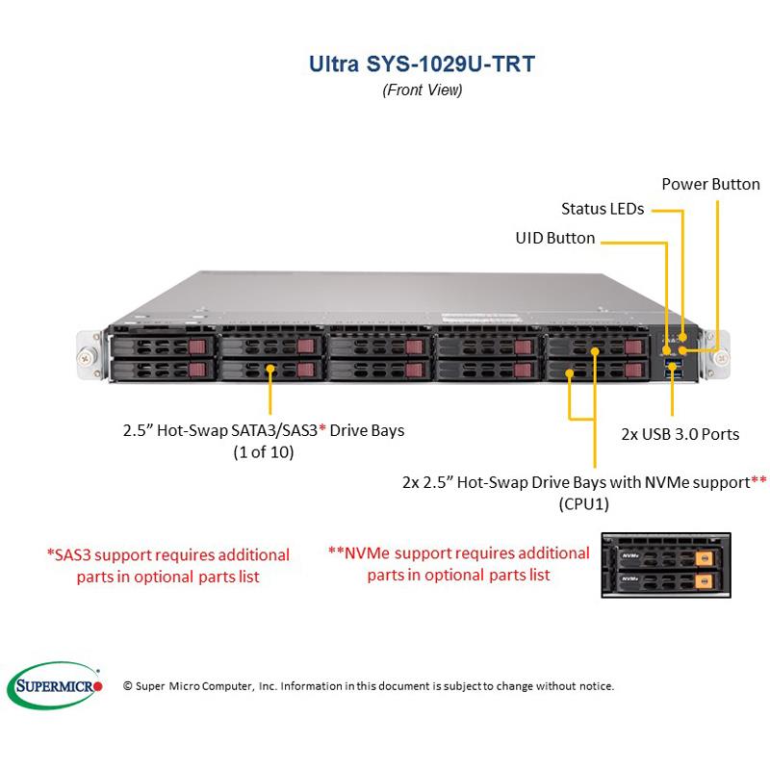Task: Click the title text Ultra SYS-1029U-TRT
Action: [x=422, y=64]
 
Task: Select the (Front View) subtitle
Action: [x=422, y=90]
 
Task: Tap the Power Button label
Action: [x=710, y=184]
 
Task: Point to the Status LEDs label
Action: [x=603, y=208]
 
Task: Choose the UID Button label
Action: [x=556, y=238]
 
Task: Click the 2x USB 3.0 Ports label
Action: [x=680, y=434]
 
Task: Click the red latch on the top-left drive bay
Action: [x=196, y=346]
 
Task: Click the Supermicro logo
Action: [x=59, y=685]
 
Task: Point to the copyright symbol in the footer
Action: [x=128, y=686]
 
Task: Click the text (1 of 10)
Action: [x=263, y=451]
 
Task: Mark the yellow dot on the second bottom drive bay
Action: [x=271, y=369]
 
